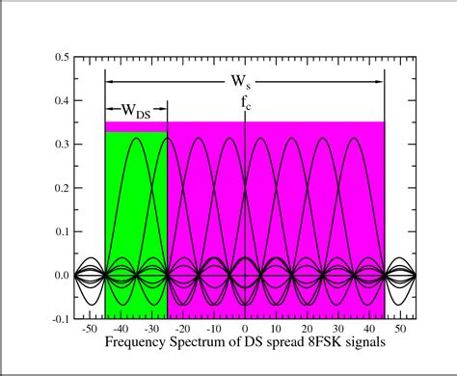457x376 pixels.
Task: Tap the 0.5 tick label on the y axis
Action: (x=60, y=57)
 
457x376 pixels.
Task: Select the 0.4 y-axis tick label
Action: (x=60, y=100)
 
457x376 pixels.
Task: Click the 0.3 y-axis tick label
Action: (x=60, y=145)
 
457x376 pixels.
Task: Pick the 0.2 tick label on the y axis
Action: (x=60, y=188)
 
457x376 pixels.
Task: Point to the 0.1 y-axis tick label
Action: (x=60, y=231)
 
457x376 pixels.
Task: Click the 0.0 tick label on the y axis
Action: (x=60, y=276)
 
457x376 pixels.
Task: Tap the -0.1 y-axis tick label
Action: (x=58, y=319)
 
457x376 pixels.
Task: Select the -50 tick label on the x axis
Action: (x=90, y=330)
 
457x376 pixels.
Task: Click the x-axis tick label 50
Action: (x=400, y=330)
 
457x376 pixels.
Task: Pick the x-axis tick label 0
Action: (x=245, y=330)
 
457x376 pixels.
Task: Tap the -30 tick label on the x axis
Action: (x=151, y=330)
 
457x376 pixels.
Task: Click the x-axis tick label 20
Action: (x=307, y=330)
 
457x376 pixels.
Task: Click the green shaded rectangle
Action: (x=136, y=222)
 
